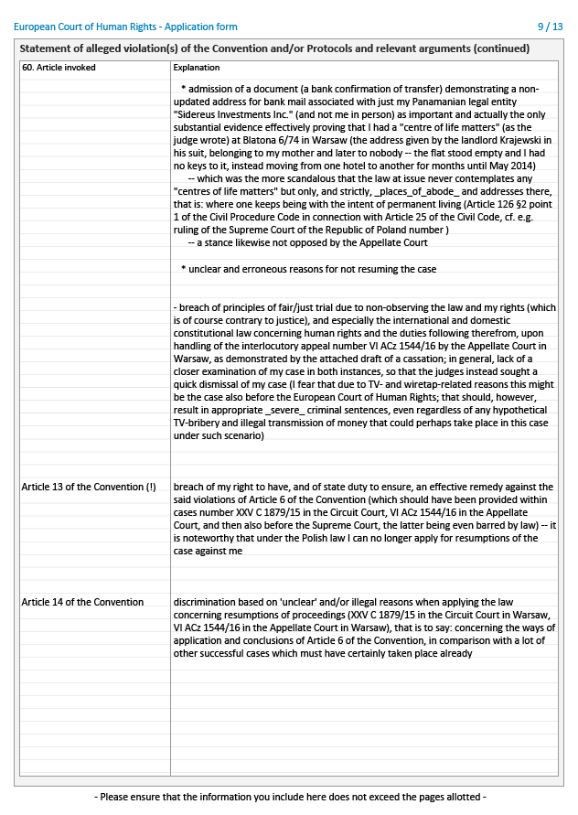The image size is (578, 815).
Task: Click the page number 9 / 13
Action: coord(551,28)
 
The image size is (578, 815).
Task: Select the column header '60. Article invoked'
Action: coord(59,68)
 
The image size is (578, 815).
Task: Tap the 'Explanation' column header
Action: coord(196,68)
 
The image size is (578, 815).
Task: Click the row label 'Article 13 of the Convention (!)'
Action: coord(89,488)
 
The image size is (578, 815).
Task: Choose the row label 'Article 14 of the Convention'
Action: coord(82,602)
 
